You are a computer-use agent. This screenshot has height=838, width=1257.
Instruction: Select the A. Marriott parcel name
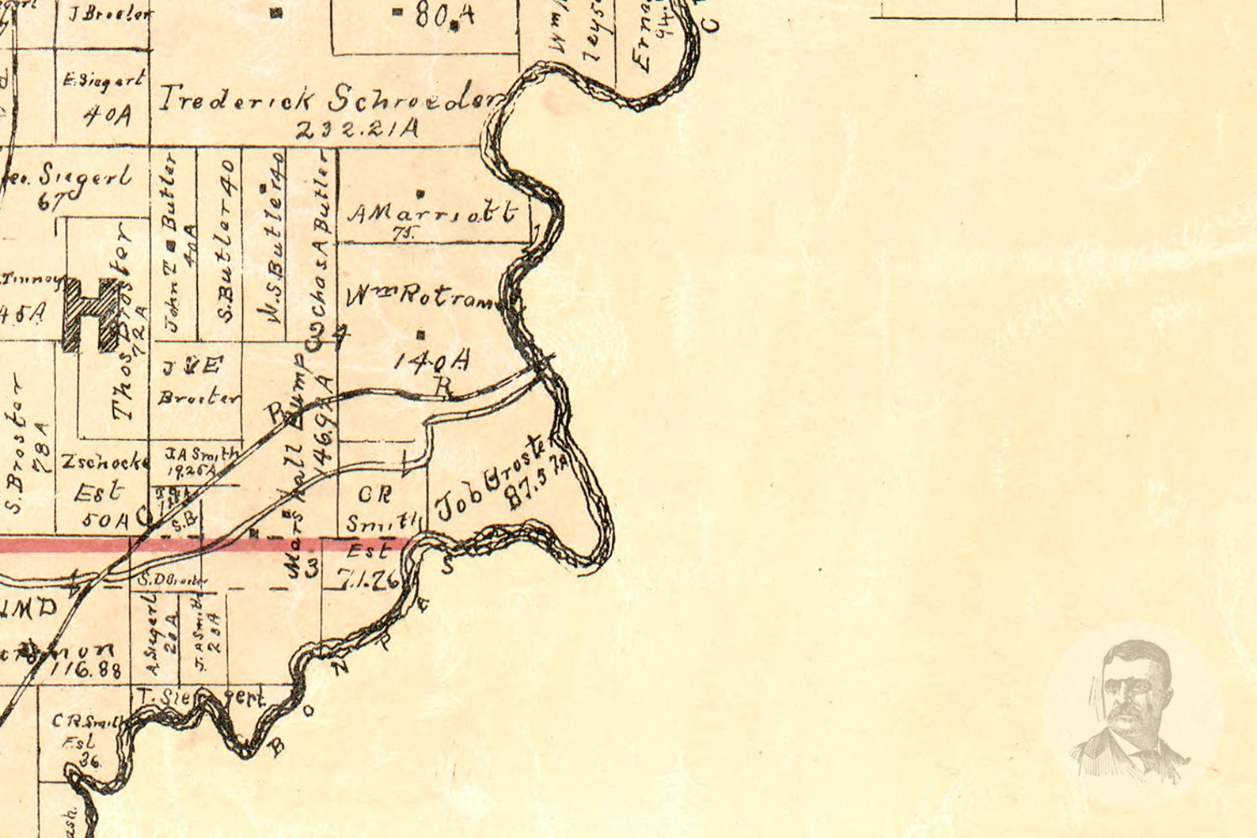[x=432, y=213]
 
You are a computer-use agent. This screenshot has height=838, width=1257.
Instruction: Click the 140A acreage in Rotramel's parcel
[x=432, y=361]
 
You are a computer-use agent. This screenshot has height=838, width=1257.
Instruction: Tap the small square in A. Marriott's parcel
[x=420, y=192]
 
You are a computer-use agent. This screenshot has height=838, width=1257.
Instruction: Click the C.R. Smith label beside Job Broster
[x=378, y=507]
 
